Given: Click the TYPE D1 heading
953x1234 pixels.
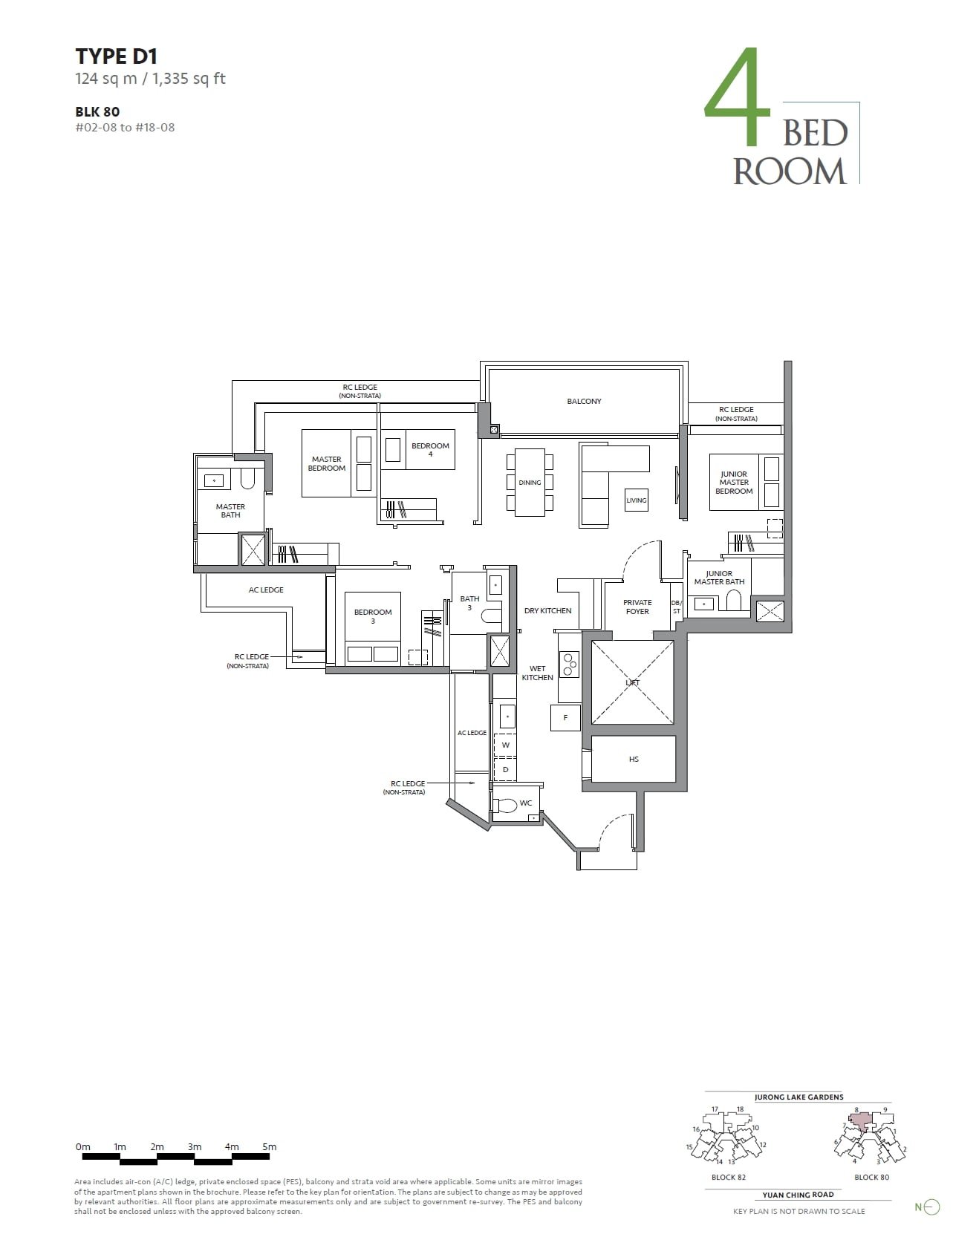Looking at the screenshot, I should (116, 56).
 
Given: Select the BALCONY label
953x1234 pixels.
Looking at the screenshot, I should (584, 402).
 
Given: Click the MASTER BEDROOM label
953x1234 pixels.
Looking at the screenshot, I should (327, 464).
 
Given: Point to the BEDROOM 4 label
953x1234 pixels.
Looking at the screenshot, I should (430, 450).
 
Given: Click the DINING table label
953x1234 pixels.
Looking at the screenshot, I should (530, 483).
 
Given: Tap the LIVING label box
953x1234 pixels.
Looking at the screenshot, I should (637, 500).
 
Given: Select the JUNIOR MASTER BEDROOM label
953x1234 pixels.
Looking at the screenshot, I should (734, 483).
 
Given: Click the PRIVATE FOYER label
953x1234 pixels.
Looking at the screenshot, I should (637, 607).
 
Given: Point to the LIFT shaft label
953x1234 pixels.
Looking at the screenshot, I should (632, 682).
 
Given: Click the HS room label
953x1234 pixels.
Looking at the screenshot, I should (634, 759).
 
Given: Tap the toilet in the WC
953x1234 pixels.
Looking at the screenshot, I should (507, 805).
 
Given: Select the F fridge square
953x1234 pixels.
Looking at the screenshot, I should (565, 718).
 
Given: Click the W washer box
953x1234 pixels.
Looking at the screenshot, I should (506, 745).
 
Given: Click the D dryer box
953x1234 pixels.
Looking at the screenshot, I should (506, 769).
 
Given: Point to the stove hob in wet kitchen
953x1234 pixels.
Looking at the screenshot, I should (570, 665).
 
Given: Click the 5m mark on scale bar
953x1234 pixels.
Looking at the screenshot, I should (269, 1147).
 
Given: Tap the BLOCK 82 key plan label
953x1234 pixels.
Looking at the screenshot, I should (728, 1178).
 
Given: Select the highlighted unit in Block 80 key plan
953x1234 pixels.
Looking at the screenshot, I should (859, 1120).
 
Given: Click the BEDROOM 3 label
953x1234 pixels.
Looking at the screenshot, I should (373, 616).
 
